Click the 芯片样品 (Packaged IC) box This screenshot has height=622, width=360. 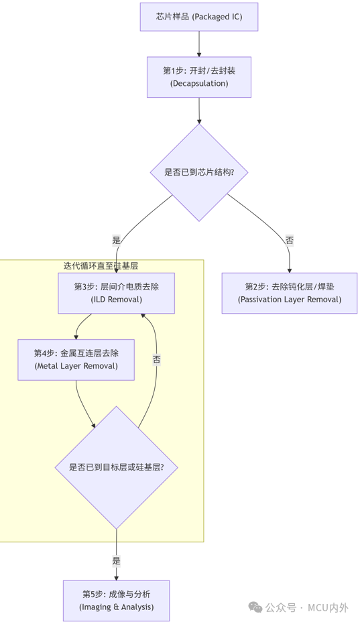(199, 17)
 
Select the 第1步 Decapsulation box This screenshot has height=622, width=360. (199, 77)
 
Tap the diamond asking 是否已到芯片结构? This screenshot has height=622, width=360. (199, 172)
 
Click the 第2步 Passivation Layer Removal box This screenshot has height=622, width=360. (290, 293)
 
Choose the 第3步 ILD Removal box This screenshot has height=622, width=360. (116, 293)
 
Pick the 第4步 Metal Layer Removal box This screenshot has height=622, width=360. (76, 360)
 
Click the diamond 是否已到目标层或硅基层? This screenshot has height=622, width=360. (116, 467)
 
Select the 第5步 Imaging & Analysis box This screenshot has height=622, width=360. (116, 601)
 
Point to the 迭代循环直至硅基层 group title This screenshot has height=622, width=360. (101, 266)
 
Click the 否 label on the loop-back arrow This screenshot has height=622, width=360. (156, 359)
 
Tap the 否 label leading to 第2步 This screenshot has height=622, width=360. (290, 240)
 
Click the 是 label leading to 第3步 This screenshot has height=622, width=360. (116, 240)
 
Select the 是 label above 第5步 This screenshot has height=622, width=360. (116, 560)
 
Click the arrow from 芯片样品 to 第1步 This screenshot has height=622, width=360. (199, 44)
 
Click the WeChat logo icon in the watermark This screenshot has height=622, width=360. (255, 607)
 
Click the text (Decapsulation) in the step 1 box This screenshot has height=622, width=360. (199, 83)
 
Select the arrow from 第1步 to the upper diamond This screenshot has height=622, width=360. (199, 111)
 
